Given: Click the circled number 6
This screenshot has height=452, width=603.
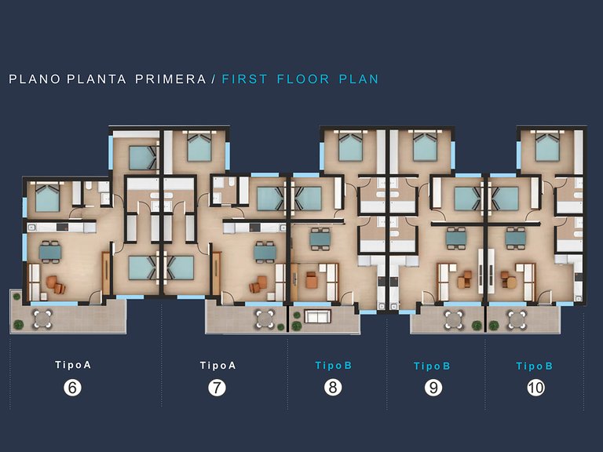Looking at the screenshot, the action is click(72, 387).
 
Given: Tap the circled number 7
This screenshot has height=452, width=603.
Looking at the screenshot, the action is click(217, 388).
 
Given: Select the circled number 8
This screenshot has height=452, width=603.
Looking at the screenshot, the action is click(333, 387).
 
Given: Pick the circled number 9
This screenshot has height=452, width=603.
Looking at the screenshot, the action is click(433, 388).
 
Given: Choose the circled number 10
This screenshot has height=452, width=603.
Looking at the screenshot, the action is click(535, 388).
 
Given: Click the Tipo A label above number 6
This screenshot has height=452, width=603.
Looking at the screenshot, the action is click(73, 365).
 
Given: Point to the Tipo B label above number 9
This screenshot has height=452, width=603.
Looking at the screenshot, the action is click(432, 366).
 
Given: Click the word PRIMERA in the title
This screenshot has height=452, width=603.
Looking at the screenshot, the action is click(170, 79).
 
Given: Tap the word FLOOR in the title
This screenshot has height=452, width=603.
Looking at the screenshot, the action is click(303, 79).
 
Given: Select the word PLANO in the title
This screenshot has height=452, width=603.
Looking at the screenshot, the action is click(35, 79).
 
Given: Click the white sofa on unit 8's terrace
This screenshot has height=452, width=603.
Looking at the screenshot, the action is click(318, 316).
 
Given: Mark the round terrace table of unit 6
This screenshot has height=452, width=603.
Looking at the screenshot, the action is click(42, 319).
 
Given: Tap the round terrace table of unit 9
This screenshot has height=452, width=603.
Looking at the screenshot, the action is click(454, 319).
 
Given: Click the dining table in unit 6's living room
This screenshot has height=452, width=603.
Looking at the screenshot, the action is click(50, 252).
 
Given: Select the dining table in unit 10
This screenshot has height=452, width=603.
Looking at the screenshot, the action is click(515, 239).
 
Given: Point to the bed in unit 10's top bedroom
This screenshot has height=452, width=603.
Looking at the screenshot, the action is click(547, 147).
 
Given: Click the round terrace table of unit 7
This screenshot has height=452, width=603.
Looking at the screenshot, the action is click(265, 319).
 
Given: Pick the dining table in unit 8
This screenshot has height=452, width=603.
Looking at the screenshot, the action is click(320, 239).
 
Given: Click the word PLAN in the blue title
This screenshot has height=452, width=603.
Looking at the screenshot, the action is click(359, 79).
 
